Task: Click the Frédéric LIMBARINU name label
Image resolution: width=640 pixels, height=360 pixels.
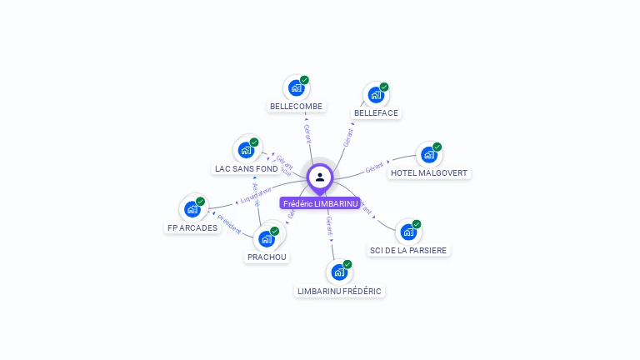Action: (320, 203)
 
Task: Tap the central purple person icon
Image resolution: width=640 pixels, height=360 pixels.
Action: (320, 177)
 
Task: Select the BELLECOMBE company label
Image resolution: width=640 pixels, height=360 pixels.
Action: (296, 107)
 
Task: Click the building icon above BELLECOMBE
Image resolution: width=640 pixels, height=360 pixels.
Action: (295, 87)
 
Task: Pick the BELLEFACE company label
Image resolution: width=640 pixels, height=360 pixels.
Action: (376, 112)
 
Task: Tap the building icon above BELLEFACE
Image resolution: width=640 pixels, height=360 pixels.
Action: (375, 94)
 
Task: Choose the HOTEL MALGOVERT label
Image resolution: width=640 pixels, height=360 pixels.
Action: (430, 173)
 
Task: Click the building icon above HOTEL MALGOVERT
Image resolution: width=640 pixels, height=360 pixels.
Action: (428, 154)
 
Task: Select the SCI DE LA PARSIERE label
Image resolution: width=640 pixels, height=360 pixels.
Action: (408, 250)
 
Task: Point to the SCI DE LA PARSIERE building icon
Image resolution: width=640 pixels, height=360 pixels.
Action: (407, 231)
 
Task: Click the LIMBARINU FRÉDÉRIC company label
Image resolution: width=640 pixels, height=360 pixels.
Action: (339, 291)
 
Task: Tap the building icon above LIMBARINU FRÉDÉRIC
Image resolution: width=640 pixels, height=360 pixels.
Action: (338, 272)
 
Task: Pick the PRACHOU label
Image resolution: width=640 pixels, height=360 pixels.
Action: (267, 257)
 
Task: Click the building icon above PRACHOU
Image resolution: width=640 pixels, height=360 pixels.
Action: (266, 238)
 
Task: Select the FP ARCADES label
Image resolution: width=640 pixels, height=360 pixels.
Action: (192, 227)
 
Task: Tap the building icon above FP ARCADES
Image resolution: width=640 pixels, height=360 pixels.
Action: (192, 208)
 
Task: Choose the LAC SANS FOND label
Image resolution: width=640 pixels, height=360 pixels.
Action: (246, 168)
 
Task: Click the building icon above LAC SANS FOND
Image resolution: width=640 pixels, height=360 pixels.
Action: (245, 149)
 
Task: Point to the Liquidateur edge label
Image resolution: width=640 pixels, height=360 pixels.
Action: (256, 194)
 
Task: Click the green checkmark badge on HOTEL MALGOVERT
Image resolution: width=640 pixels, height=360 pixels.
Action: (437, 147)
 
